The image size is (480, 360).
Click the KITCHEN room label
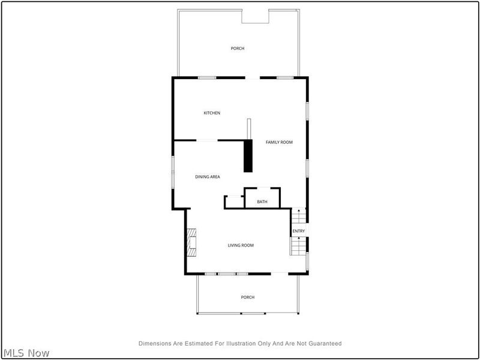(212, 113)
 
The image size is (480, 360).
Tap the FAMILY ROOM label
(279, 142)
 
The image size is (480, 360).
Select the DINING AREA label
(208, 176)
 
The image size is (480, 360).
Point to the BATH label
(262, 202)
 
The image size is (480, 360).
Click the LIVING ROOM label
(240, 245)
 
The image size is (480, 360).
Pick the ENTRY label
(298, 231)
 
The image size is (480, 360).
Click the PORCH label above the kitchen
(238, 49)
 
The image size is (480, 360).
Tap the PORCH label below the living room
(247, 297)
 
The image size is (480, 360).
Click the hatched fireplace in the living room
(191, 242)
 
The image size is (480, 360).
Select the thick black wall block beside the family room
(247, 156)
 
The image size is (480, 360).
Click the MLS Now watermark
(26, 353)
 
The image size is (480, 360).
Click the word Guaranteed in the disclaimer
(324, 344)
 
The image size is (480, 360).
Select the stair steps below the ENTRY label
(298, 246)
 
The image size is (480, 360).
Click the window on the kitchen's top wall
(207, 77)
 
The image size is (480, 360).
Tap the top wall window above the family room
(285, 77)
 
